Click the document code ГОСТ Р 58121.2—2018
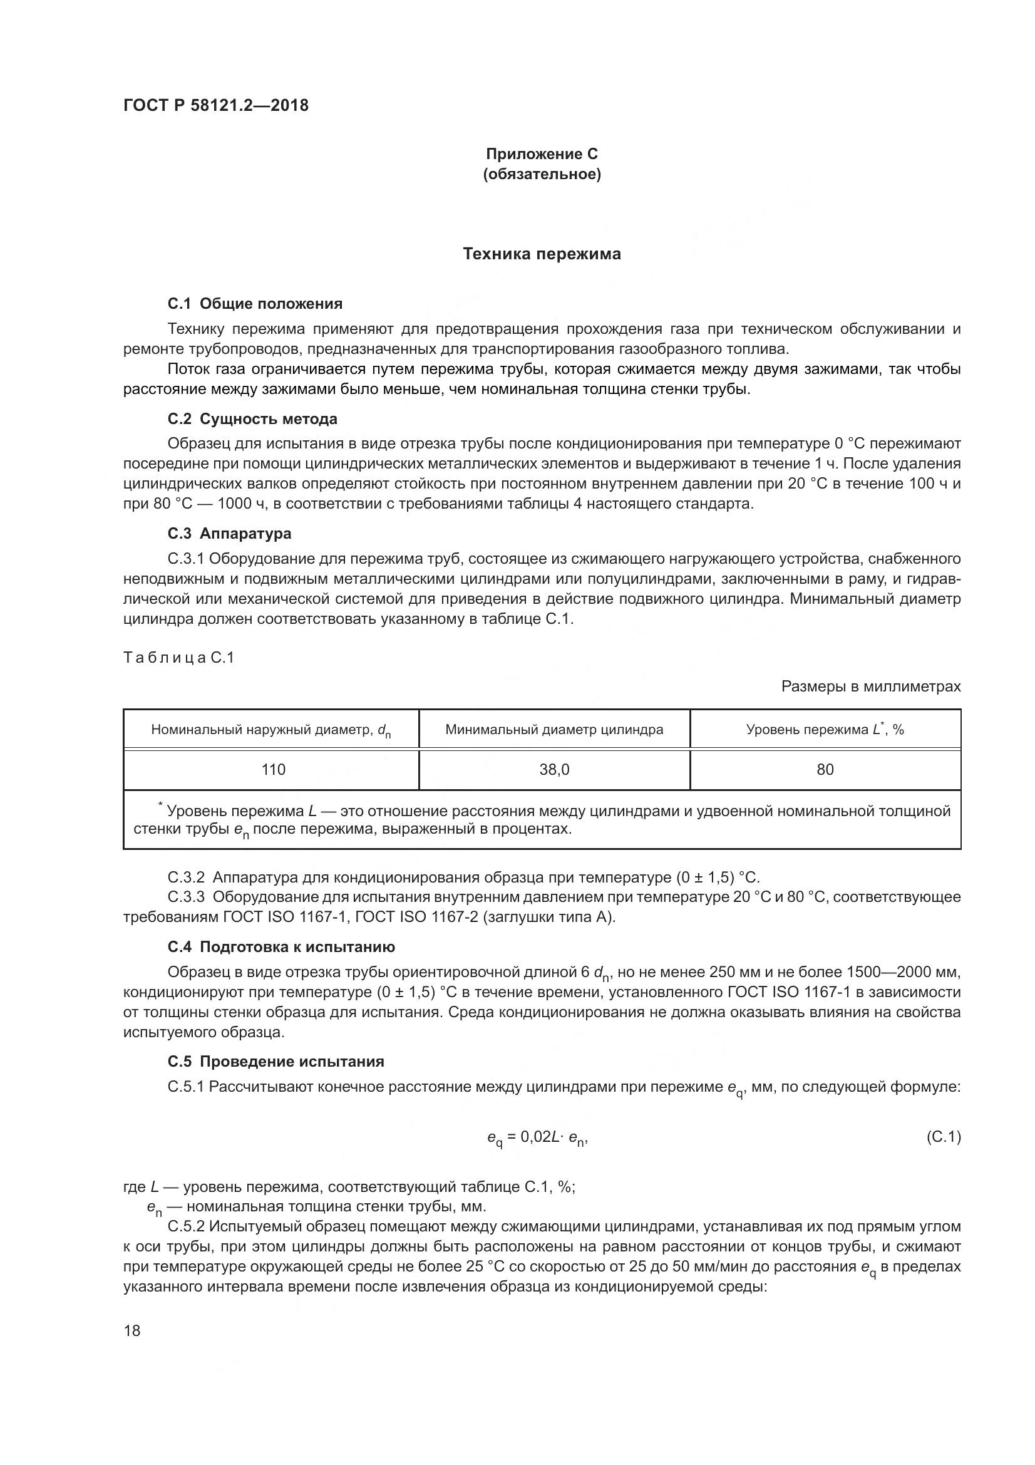(x=215, y=105)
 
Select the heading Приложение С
(x=542, y=154)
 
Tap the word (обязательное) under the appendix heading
(x=542, y=174)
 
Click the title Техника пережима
(x=542, y=254)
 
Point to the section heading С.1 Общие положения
(x=255, y=304)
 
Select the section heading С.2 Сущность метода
(x=252, y=419)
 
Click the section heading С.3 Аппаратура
(x=230, y=533)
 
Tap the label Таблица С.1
(x=178, y=657)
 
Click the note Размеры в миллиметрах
(x=870, y=686)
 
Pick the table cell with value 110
(x=273, y=770)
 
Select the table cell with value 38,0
(x=554, y=770)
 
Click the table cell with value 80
(x=825, y=770)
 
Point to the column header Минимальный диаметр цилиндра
(x=554, y=729)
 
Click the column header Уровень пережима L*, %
(x=825, y=729)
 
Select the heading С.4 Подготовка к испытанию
(x=281, y=947)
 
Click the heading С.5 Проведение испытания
(x=276, y=1062)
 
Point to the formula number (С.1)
(x=942, y=1136)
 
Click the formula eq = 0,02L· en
(x=537, y=1137)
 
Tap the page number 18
(x=132, y=1331)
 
